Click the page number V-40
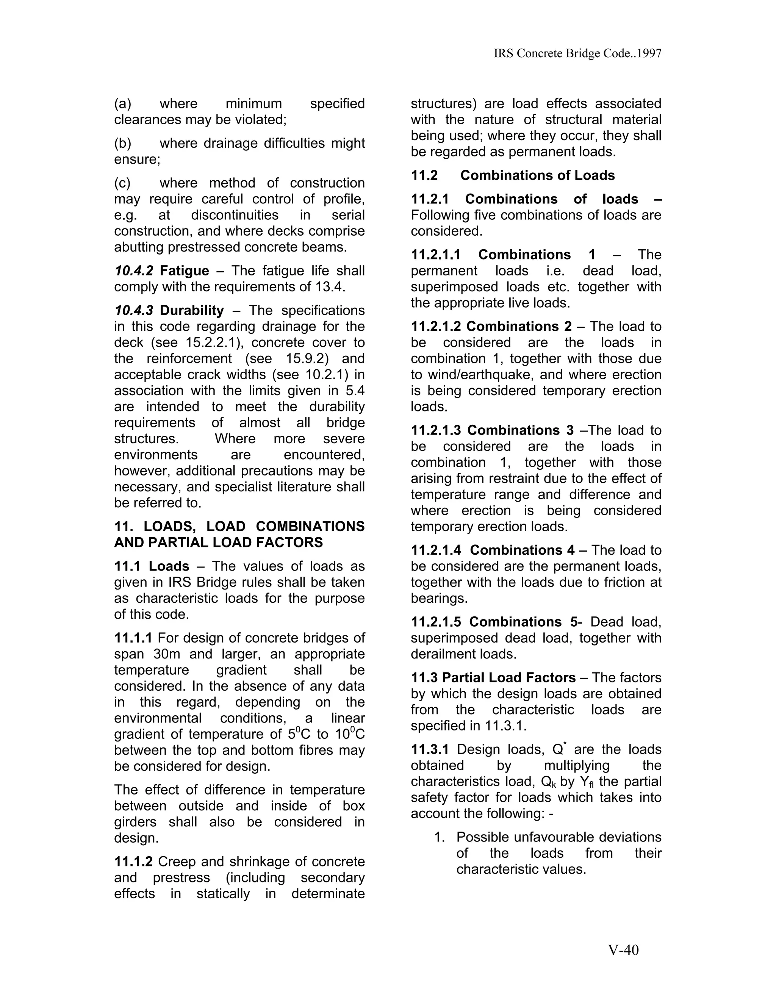click(x=623, y=950)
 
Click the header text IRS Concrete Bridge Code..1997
click(x=577, y=53)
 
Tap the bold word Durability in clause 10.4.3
click(x=191, y=311)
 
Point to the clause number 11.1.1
click(x=133, y=638)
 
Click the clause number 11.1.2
click(x=133, y=862)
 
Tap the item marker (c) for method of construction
click(x=122, y=183)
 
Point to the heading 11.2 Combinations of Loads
click(x=513, y=176)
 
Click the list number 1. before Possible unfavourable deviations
click(x=440, y=837)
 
